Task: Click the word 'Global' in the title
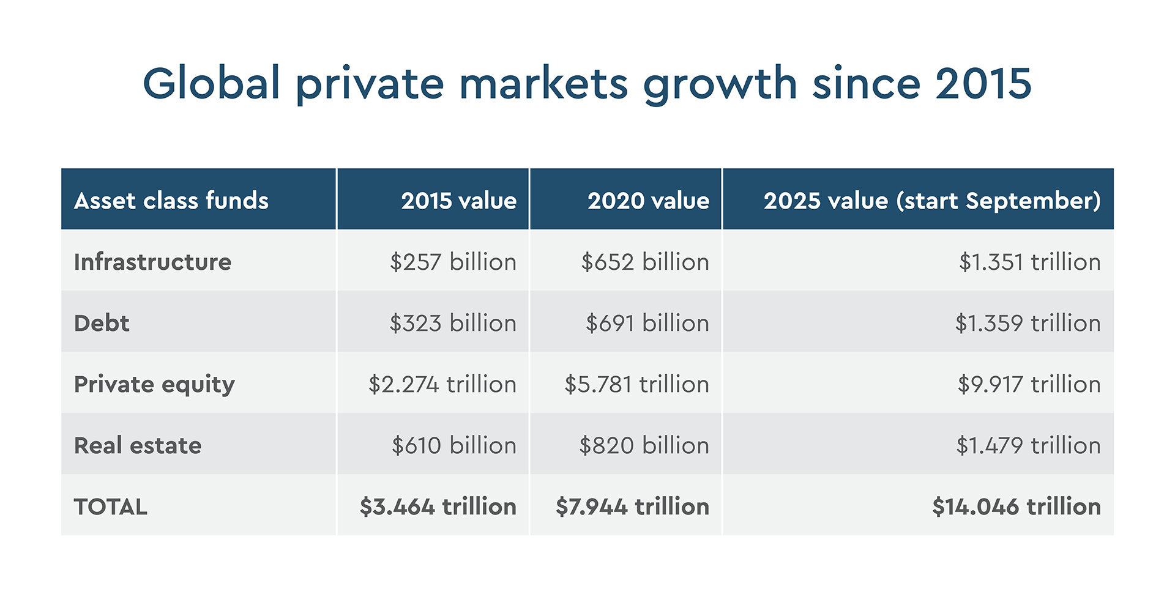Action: pyautogui.click(x=211, y=83)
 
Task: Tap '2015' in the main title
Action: pyautogui.click(x=983, y=83)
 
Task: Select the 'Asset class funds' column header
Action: pyautogui.click(x=171, y=201)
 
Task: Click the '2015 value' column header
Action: pyautogui.click(x=458, y=201)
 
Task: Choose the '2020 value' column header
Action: pyautogui.click(x=648, y=201)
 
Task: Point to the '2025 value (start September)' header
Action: pyautogui.click(x=931, y=201)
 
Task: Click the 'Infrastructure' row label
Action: pyautogui.click(x=152, y=262)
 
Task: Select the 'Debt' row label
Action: pyautogui.click(x=102, y=323)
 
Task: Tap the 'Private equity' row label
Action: pyautogui.click(x=154, y=384)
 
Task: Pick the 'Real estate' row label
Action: pyautogui.click(x=138, y=445)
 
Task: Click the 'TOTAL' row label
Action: pyautogui.click(x=111, y=506)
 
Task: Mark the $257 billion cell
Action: pyautogui.click(x=453, y=262)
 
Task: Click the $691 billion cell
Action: pyautogui.click(x=647, y=323)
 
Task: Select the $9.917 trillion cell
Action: pyautogui.click(x=1029, y=384)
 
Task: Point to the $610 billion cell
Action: pyautogui.click(x=454, y=445)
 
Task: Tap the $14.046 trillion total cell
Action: pyautogui.click(x=1016, y=506)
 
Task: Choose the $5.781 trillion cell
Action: pyautogui.click(x=636, y=384)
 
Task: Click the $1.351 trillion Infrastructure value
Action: pyautogui.click(x=1029, y=262)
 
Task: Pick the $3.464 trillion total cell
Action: pyautogui.click(x=438, y=506)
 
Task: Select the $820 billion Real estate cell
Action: pyautogui.click(x=644, y=445)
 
